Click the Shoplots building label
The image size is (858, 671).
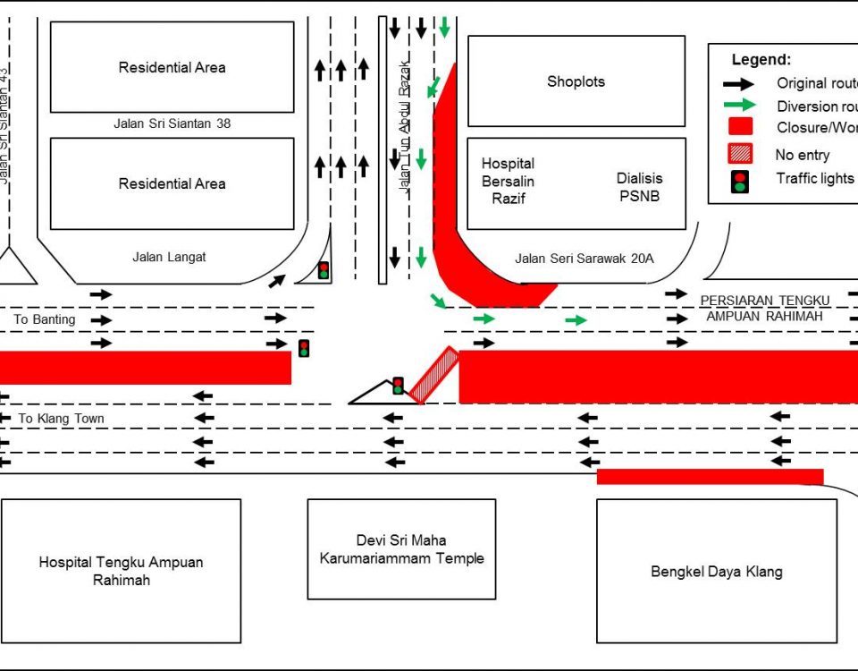coord(576,81)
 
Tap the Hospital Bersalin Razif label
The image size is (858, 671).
coord(508,181)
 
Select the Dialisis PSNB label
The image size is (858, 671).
coord(639,187)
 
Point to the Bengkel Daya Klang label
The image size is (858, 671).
coord(716,572)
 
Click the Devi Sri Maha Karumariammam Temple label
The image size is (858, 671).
coord(401,549)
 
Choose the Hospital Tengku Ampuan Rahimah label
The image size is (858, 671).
coord(121,571)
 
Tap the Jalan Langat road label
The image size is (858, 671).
coord(169,257)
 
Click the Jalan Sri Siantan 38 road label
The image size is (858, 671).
coord(172,123)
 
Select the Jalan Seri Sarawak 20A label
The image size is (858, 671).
coord(585,259)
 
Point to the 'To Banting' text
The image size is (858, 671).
coord(45,319)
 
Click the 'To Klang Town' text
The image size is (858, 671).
coord(62,419)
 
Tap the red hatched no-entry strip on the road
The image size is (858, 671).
coord(436,376)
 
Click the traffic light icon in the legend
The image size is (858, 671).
coord(740,181)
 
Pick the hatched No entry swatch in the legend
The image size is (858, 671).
coord(740,154)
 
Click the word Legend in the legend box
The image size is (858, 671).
coord(761,60)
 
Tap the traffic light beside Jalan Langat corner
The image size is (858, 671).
coord(324,269)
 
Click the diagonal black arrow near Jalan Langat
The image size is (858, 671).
coord(277,281)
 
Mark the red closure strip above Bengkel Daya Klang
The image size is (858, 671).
coord(710,476)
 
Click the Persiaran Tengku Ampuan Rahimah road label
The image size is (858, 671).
coord(765,307)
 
